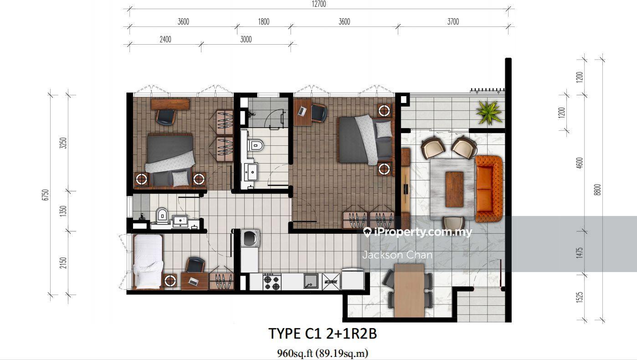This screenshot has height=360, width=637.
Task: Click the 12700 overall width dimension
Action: pyautogui.click(x=319, y=4)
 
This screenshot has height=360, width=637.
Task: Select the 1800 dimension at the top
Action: pyautogui.click(x=264, y=21)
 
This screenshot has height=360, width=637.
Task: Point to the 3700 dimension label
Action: pyautogui.click(x=453, y=21)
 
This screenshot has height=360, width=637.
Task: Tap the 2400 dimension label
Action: pyautogui.click(x=165, y=39)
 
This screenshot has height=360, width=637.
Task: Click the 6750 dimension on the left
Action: pyautogui.click(x=46, y=195)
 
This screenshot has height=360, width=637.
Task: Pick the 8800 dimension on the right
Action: pyautogui.click(x=597, y=190)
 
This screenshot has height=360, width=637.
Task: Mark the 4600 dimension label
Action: pyautogui.click(x=580, y=163)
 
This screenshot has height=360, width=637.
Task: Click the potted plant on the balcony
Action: pyautogui.click(x=488, y=113)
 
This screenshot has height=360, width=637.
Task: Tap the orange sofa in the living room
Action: pyautogui.click(x=488, y=189)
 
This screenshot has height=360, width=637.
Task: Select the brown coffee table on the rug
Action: pyautogui.click(x=454, y=190)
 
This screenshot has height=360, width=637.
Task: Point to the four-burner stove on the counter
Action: pyautogui.click(x=272, y=282)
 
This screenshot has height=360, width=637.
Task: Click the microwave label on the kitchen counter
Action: pyautogui.click(x=331, y=282)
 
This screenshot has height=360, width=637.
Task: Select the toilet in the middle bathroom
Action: pyautogui.click(x=255, y=145)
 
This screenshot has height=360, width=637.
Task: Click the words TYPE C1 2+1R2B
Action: pyautogui.click(x=323, y=334)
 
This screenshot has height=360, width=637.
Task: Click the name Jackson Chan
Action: pyautogui.click(x=397, y=255)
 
